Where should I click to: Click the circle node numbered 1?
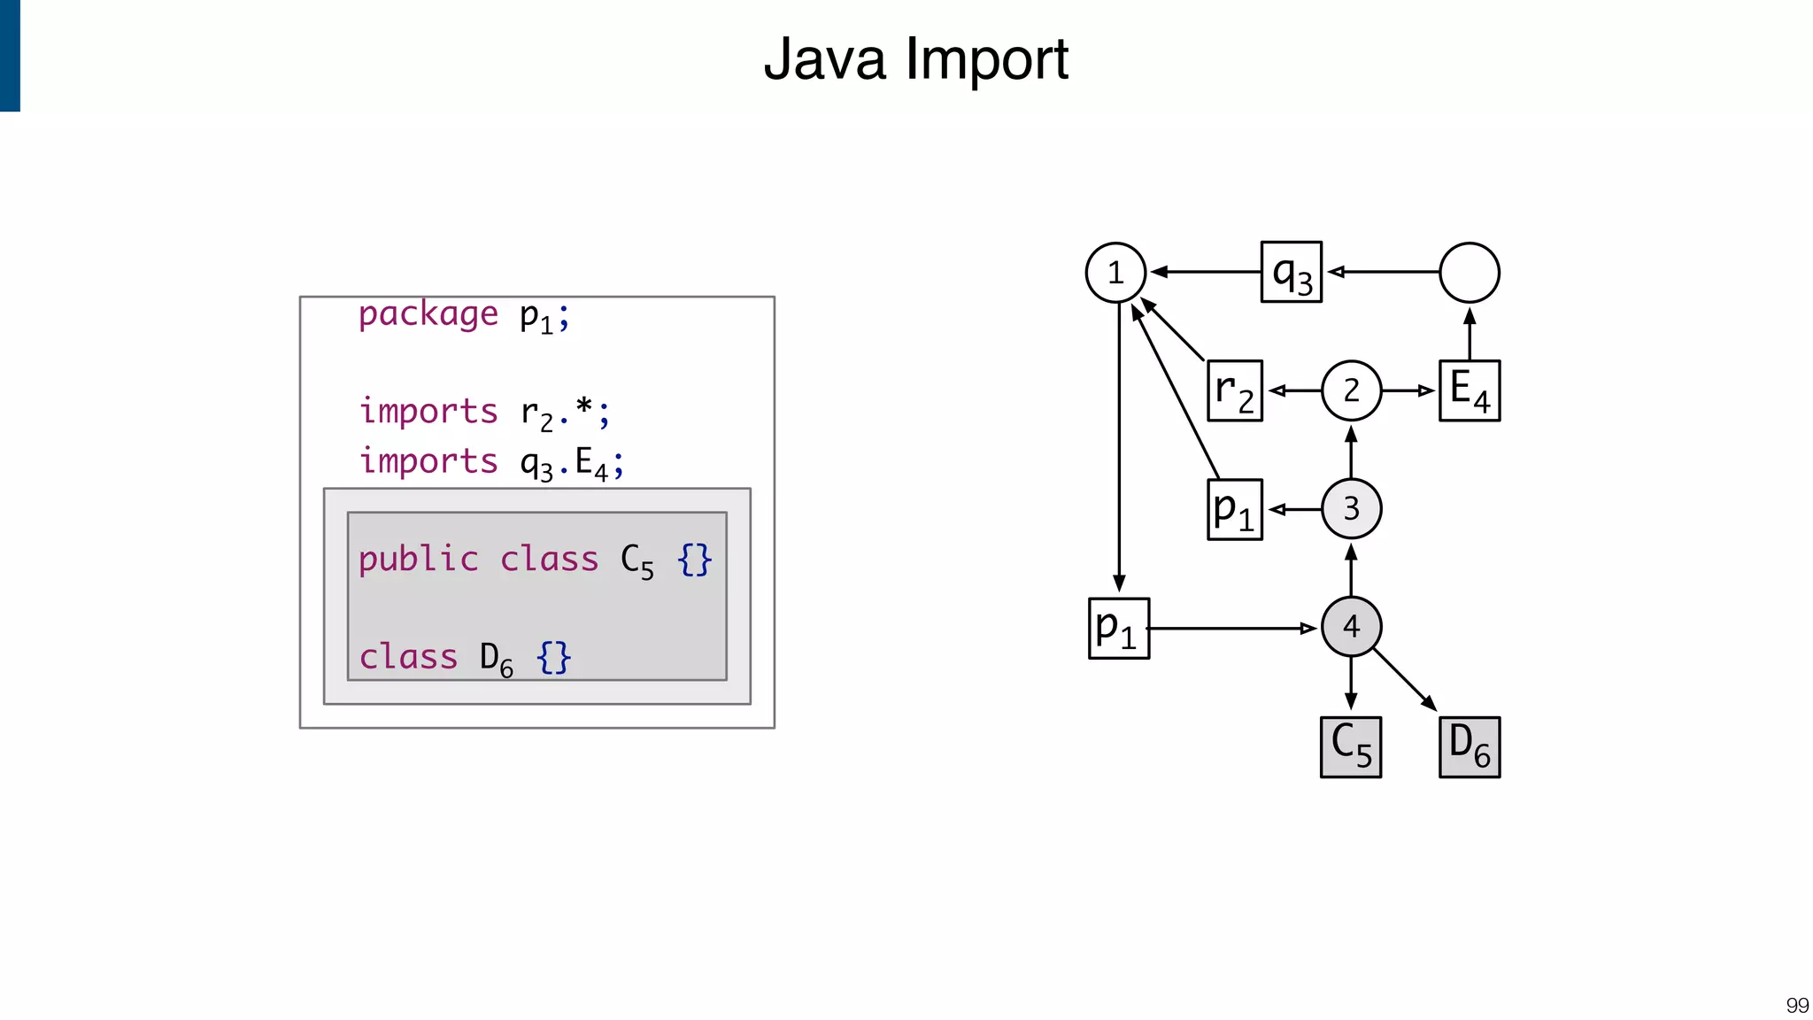[x=1115, y=273]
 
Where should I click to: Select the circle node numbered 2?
[x=1351, y=390]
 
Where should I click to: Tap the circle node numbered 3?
[x=1351, y=509]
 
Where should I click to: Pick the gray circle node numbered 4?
[x=1351, y=627]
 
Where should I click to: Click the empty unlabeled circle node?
[x=1470, y=273]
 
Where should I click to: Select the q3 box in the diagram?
[x=1292, y=273]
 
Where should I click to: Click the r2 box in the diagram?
[x=1235, y=390]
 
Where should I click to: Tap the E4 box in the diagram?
[x=1470, y=390]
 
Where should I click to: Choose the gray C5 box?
[x=1351, y=747]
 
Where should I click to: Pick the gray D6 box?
[x=1470, y=747]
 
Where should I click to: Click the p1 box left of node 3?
[x=1235, y=509]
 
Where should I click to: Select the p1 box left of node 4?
[x=1119, y=629]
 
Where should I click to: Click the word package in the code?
[x=428, y=314]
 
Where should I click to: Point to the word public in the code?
[x=418, y=560]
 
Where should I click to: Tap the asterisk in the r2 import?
[x=583, y=408]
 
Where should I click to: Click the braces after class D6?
[x=554, y=658]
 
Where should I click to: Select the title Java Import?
[x=915, y=59]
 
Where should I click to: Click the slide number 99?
[x=1797, y=1006]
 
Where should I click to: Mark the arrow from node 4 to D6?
[x=1405, y=681]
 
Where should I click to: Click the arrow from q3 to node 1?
[x=1206, y=272]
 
